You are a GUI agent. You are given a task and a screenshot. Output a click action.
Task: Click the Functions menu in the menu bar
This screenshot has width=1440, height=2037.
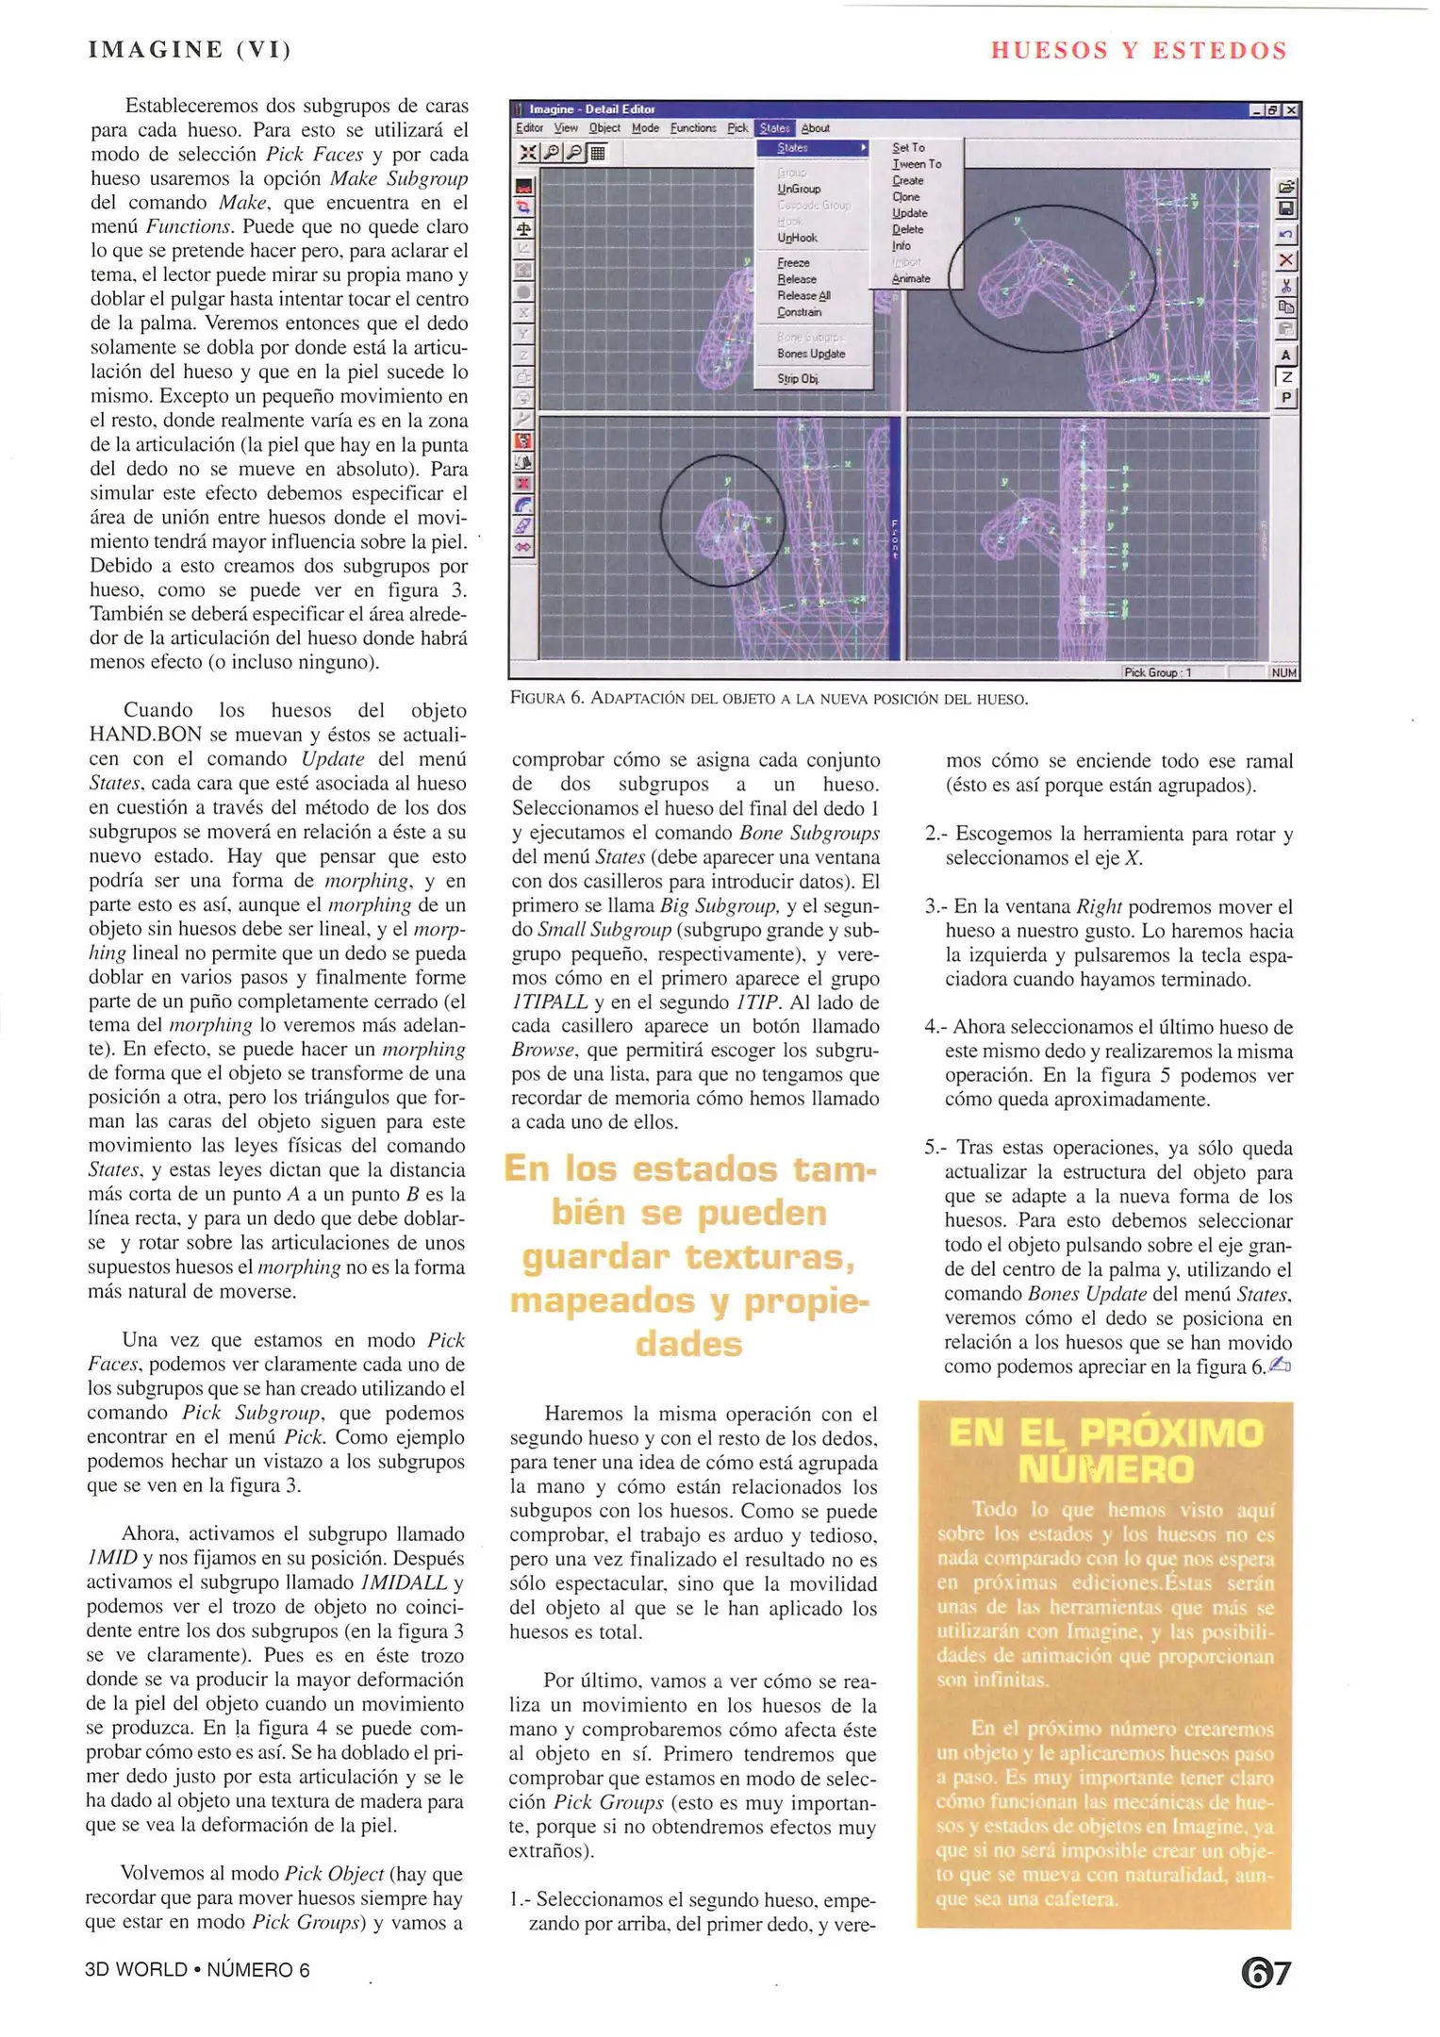[x=693, y=128]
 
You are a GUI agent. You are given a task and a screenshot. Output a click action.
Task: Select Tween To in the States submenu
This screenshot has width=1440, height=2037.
[x=917, y=164]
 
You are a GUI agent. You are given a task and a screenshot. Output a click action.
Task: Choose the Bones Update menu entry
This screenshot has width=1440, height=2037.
[x=810, y=354]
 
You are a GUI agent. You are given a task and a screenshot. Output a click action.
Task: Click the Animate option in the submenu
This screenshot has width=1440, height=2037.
[x=911, y=279]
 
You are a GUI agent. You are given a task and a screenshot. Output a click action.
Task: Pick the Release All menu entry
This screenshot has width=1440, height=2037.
[x=803, y=296]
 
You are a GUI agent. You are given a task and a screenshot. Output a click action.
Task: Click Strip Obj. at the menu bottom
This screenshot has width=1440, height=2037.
[x=797, y=379]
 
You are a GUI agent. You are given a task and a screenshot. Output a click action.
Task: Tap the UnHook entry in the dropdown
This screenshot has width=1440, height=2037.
[x=797, y=239]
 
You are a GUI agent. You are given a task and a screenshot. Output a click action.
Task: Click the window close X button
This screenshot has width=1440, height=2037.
[x=1291, y=110]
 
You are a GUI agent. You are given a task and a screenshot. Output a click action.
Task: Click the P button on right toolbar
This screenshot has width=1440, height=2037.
[x=1285, y=399]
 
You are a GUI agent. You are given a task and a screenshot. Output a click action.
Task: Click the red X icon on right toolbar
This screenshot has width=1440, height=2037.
[x=1285, y=260]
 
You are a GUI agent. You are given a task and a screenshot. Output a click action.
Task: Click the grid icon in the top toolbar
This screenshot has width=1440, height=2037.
[x=597, y=153]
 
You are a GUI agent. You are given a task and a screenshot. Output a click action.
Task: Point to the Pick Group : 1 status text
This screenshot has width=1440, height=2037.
[x=1158, y=673]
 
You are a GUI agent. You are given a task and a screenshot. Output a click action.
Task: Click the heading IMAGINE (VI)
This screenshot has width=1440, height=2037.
[x=190, y=50]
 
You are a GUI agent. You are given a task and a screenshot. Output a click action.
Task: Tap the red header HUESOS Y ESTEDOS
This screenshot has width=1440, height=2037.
[x=1138, y=51]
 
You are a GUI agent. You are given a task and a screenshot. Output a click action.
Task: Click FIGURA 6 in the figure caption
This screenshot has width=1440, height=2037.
[x=546, y=700]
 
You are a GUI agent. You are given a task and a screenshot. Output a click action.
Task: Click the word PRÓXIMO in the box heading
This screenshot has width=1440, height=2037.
[x=1170, y=1433]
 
